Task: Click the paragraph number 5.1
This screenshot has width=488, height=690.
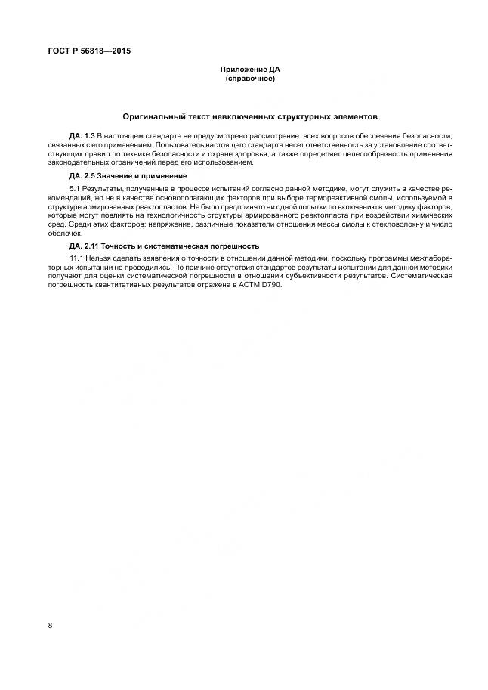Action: tap(74, 187)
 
